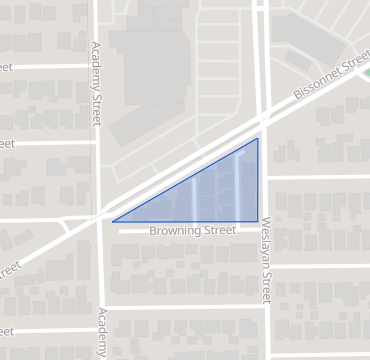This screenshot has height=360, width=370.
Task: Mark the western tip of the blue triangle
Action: [113, 221]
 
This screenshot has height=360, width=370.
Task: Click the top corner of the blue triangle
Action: [257, 138]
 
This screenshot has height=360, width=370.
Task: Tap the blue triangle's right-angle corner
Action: [257, 220]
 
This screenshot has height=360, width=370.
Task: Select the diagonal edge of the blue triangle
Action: [185, 180]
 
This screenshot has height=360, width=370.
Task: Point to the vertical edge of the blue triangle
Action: [257, 180]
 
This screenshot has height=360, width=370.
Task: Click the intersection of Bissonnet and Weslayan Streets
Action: [263, 117]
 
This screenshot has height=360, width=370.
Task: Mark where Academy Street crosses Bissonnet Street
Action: [100, 213]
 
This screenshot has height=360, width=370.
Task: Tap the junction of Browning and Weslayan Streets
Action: [265, 230]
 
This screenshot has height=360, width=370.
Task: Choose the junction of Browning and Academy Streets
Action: [104, 231]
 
